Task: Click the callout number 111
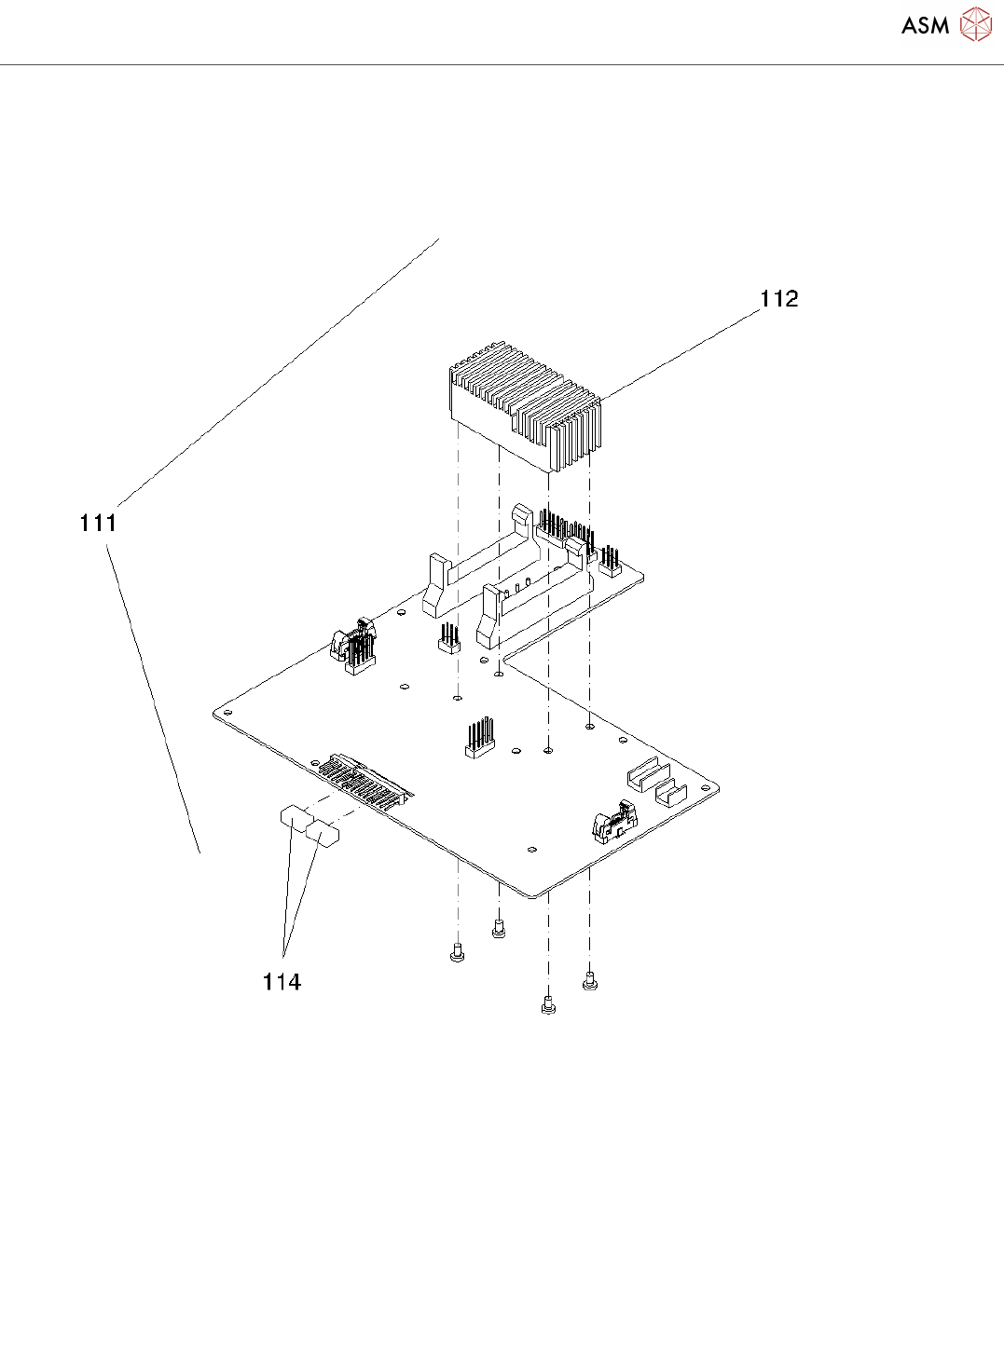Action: tap(98, 523)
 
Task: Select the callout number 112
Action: tap(778, 298)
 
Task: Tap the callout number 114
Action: tap(282, 981)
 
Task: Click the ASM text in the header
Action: tap(925, 26)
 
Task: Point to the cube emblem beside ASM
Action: tap(976, 25)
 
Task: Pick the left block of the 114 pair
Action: tap(296, 820)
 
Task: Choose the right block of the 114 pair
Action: tap(323, 833)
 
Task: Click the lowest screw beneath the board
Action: tap(548, 1005)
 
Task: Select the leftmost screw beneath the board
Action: tap(457, 953)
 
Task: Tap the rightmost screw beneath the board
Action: tap(589, 980)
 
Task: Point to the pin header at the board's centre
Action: tap(480, 738)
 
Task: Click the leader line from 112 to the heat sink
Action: tap(681, 354)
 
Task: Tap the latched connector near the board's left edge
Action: tap(352, 645)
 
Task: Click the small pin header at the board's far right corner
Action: tap(611, 562)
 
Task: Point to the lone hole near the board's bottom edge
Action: tap(531, 850)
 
